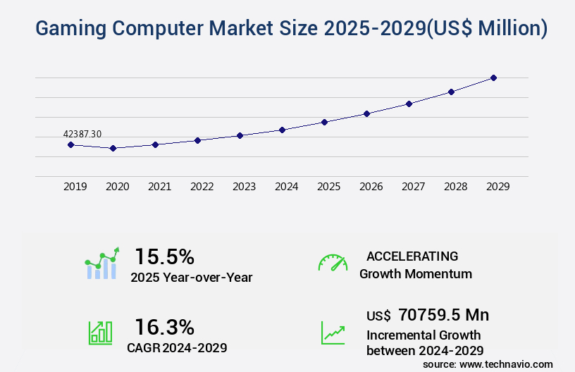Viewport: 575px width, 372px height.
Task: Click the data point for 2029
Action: point(493,77)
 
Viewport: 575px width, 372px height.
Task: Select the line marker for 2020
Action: point(113,148)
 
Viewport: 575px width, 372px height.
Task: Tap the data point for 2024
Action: point(282,130)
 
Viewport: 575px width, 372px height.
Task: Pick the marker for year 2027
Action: point(409,104)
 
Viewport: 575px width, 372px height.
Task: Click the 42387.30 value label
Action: point(82,134)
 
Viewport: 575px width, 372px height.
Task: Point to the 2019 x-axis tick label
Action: point(75,187)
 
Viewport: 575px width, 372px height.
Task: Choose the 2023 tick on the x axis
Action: point(245,187)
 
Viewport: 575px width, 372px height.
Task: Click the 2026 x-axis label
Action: point(371,187)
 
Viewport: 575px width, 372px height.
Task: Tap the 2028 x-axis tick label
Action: point(456,187)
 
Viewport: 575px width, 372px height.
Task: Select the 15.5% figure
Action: point(164,256)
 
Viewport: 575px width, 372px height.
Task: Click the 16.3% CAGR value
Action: point(164,327)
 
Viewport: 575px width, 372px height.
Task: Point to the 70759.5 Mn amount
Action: point(443,314)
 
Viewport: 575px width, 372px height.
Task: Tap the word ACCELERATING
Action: point(412,256)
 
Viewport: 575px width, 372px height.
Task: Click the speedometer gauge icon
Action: point(333,263)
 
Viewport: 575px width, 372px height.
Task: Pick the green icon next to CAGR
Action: point(100,333)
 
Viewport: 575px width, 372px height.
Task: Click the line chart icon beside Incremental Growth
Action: point(333,333)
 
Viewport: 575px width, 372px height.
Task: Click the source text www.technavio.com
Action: point(505,364)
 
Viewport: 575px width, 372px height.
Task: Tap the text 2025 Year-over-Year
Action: point(192,278)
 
